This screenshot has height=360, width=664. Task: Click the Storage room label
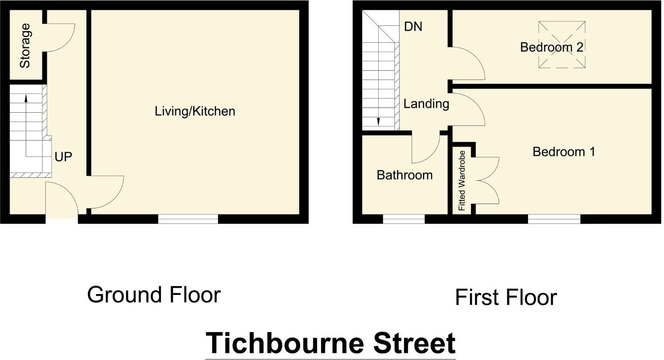click(25, 45)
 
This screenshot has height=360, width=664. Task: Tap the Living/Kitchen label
click(195, 111)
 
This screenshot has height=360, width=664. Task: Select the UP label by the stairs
click(63, 156)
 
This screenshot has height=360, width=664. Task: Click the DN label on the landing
click(413, 27)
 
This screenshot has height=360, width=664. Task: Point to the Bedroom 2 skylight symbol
click(561, 45)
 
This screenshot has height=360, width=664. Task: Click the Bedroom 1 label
click(564, 152)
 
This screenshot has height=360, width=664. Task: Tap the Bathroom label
click(405, 175)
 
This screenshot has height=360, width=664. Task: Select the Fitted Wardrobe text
click(462, 180)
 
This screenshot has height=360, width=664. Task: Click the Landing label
click(426, 104)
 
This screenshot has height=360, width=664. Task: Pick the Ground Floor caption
click(154, 295)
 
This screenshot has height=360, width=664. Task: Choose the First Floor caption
click(505, 298)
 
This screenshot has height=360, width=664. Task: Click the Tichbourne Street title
click(330, 343)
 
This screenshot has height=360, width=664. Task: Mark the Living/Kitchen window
click(188, 219)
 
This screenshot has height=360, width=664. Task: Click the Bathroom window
click(404, 219)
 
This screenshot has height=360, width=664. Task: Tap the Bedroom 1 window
click(554, 219)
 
